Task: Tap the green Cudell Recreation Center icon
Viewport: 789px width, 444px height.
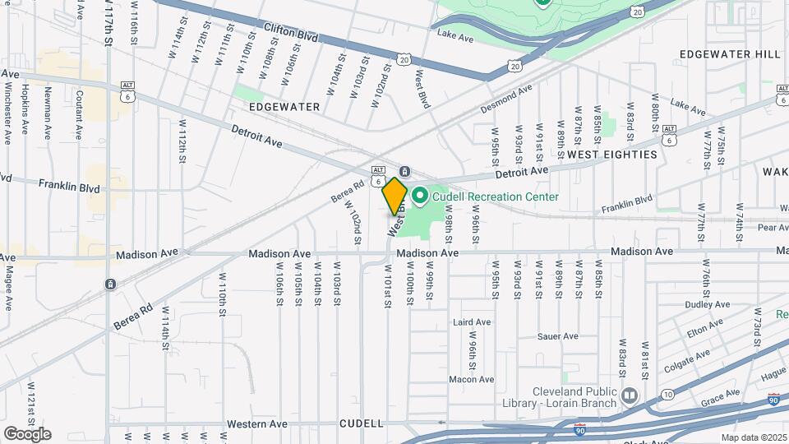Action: pyautogui.click(x=420, y=196)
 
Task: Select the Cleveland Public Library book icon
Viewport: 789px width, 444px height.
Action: pyautogui.click(x=630, y=396)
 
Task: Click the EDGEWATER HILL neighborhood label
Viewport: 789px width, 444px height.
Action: pyautogui.click(x=731, y=54)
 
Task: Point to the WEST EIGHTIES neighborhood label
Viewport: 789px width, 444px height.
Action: pyautogui.click(x=612, y=155)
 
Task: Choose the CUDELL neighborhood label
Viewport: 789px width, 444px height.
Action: pyautogui.click(x=362, y=423)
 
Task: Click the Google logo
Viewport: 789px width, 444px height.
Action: pyautogui.click(x=27, y=434)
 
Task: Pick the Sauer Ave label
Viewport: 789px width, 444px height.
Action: pyautogui.click(x=558, y=336)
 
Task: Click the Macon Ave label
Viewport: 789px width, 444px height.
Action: pyautogui.click(x=471, y=379)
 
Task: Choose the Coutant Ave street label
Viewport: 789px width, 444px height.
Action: pyautogui.click(x=80, y=114)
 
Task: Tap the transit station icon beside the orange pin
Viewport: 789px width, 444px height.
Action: pyautogui.click(x=405, y=171)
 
